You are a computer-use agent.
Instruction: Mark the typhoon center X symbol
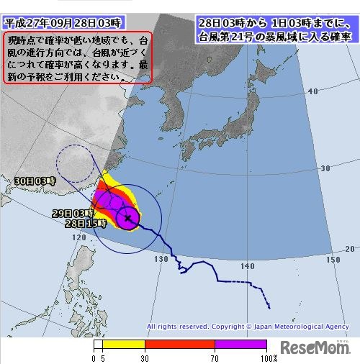click(127, 217)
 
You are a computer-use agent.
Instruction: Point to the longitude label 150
click(333, 259)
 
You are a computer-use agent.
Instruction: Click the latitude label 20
click(349, 248)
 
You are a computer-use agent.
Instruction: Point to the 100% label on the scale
click(269, 358)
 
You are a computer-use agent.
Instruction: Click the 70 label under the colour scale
click(215, 358)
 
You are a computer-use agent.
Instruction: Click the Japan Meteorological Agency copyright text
click(248, 326)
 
